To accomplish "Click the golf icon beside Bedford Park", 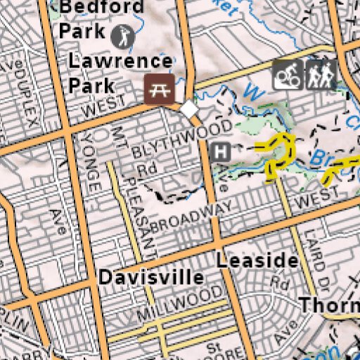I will pyautogui.click(x=121, y=32).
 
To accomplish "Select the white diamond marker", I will pyautogui.click(x=189, y=110).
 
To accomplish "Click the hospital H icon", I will pyautogui.click(x=221, y=151).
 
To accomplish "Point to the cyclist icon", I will pyautogui.click(x=288, y=74).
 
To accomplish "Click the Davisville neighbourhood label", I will pyautogui.click(x=151, y=277).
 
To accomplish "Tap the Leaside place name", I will pyautogui.click(x=257, y=261).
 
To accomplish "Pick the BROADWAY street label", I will pyautogui.click(x=190, y=217).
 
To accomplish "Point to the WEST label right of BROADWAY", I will pyautogui.click(x=309, y=202).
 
